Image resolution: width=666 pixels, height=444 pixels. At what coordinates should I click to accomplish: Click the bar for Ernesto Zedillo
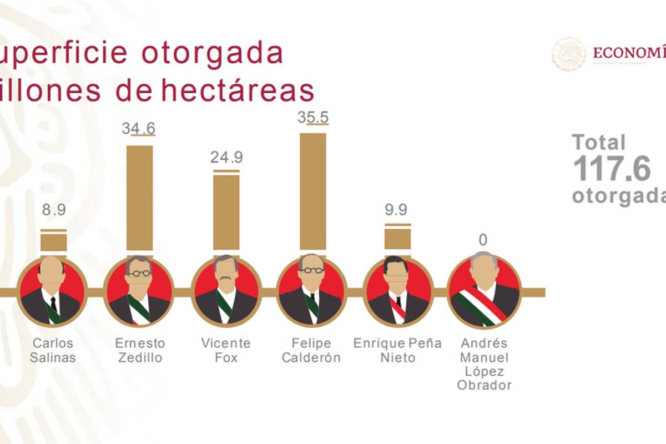139,198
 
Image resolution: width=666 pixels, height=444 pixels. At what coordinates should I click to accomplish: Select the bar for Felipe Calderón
313,191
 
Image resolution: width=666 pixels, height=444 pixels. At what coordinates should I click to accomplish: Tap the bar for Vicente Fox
226,213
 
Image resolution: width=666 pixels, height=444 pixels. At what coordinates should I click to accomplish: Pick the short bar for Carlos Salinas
54,243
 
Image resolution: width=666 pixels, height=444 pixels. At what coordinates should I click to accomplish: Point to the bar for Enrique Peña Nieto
398,239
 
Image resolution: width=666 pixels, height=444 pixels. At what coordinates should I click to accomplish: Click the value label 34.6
138,128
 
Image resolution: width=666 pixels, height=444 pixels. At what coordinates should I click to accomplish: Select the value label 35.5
313,117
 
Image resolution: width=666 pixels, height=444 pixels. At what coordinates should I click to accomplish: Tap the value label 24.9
226,158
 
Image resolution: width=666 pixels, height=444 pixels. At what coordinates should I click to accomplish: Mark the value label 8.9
54,210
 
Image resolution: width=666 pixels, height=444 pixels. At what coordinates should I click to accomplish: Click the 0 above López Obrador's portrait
483,240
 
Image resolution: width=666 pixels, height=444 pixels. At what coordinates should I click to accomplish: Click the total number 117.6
611,169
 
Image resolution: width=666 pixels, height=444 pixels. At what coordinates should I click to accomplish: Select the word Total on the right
599,143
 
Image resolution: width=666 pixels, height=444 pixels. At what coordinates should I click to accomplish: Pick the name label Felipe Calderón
311,350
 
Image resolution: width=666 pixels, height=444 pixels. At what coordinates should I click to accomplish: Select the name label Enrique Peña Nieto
397,350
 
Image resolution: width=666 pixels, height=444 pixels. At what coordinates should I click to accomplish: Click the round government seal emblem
568,54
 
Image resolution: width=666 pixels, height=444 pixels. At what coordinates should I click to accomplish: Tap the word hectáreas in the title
238,91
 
